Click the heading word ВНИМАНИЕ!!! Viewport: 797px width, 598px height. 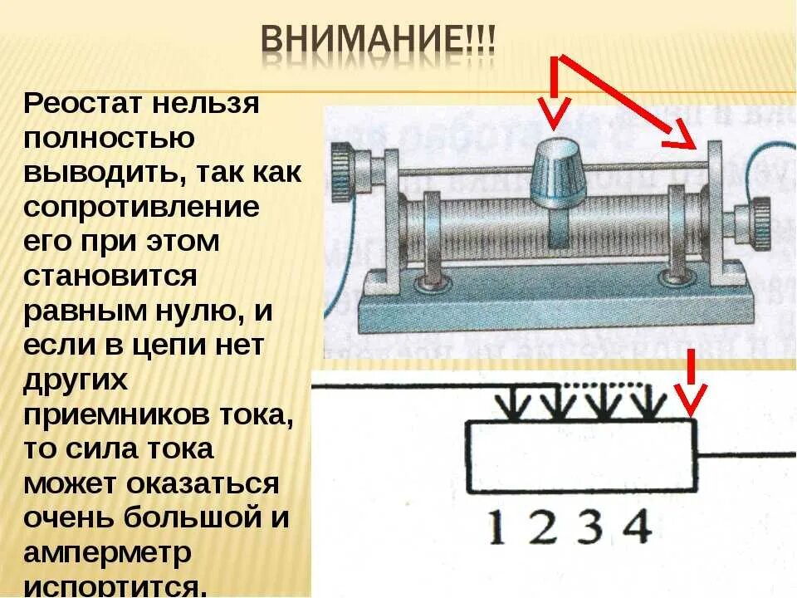[378, 41]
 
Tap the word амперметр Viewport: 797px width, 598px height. [108, 552]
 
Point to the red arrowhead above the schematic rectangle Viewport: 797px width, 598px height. [689, 402]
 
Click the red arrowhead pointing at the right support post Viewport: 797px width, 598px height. [684, 138]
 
